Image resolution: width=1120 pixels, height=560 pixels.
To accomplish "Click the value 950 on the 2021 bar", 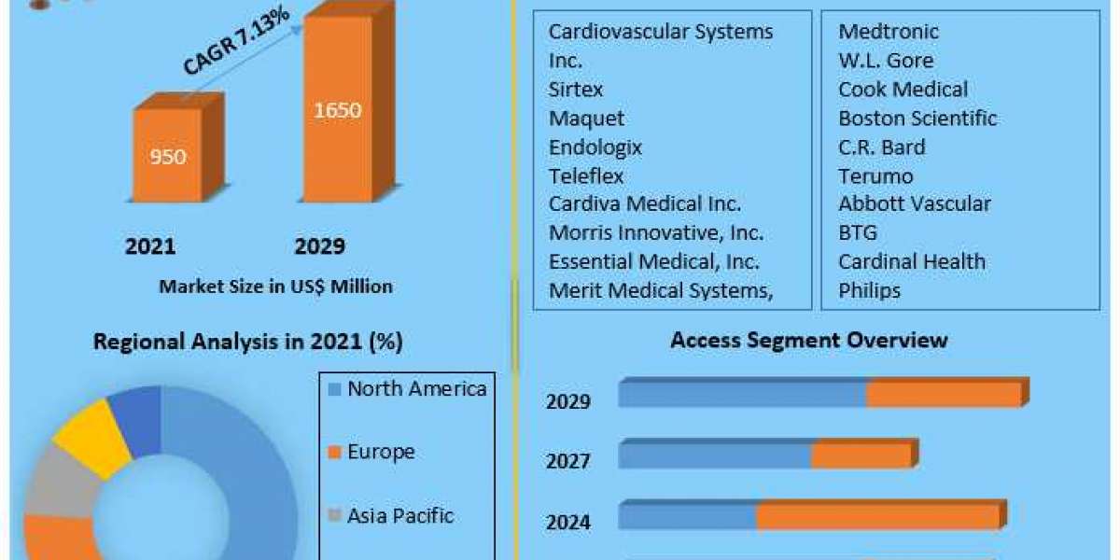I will point(169,156).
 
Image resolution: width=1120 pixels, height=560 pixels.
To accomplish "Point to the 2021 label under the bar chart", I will point(150,246).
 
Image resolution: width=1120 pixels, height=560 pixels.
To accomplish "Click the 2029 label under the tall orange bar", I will point(319,246).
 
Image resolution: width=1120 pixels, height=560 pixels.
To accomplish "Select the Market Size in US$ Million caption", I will point(275,287).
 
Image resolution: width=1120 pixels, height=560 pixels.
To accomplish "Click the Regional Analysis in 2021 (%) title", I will point(248,343).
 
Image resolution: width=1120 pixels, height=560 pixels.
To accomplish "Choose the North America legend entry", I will point(407,389).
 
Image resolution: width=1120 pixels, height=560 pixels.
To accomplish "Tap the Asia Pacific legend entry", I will point(391,515).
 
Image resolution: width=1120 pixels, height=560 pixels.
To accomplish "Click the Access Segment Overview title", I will point(808,340).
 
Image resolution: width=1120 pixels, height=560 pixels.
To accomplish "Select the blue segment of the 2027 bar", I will point(714,455).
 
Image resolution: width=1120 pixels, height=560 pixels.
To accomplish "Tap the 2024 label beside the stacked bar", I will point(568,522).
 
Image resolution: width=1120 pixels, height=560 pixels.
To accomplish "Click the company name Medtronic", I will point(888,32).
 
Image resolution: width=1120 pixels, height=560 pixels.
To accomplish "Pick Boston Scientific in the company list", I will point(917,119).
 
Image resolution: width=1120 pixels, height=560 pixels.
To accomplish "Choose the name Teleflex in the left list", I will point(585,175).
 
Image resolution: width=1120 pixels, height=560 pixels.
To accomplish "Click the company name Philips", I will point(869,290).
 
